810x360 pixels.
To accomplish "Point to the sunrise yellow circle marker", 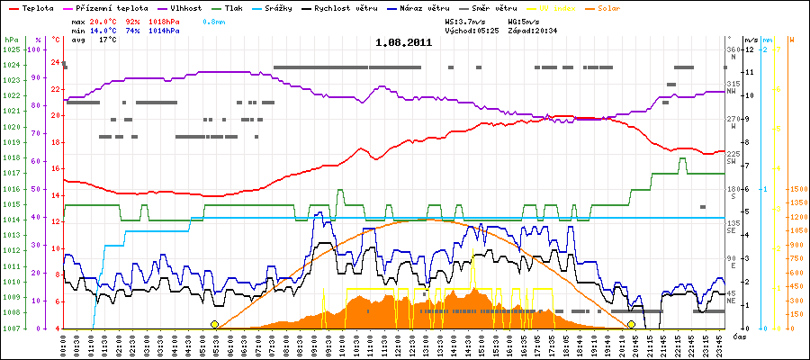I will pos(214,324).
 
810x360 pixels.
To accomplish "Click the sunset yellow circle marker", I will pos(632,324).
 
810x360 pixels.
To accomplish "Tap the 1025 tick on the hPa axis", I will pos(11,49).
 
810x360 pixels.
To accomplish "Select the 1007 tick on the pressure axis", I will pos(11,328).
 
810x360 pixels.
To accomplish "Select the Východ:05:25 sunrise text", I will pos(474,30).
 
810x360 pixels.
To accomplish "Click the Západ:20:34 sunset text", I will pos(537,30).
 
